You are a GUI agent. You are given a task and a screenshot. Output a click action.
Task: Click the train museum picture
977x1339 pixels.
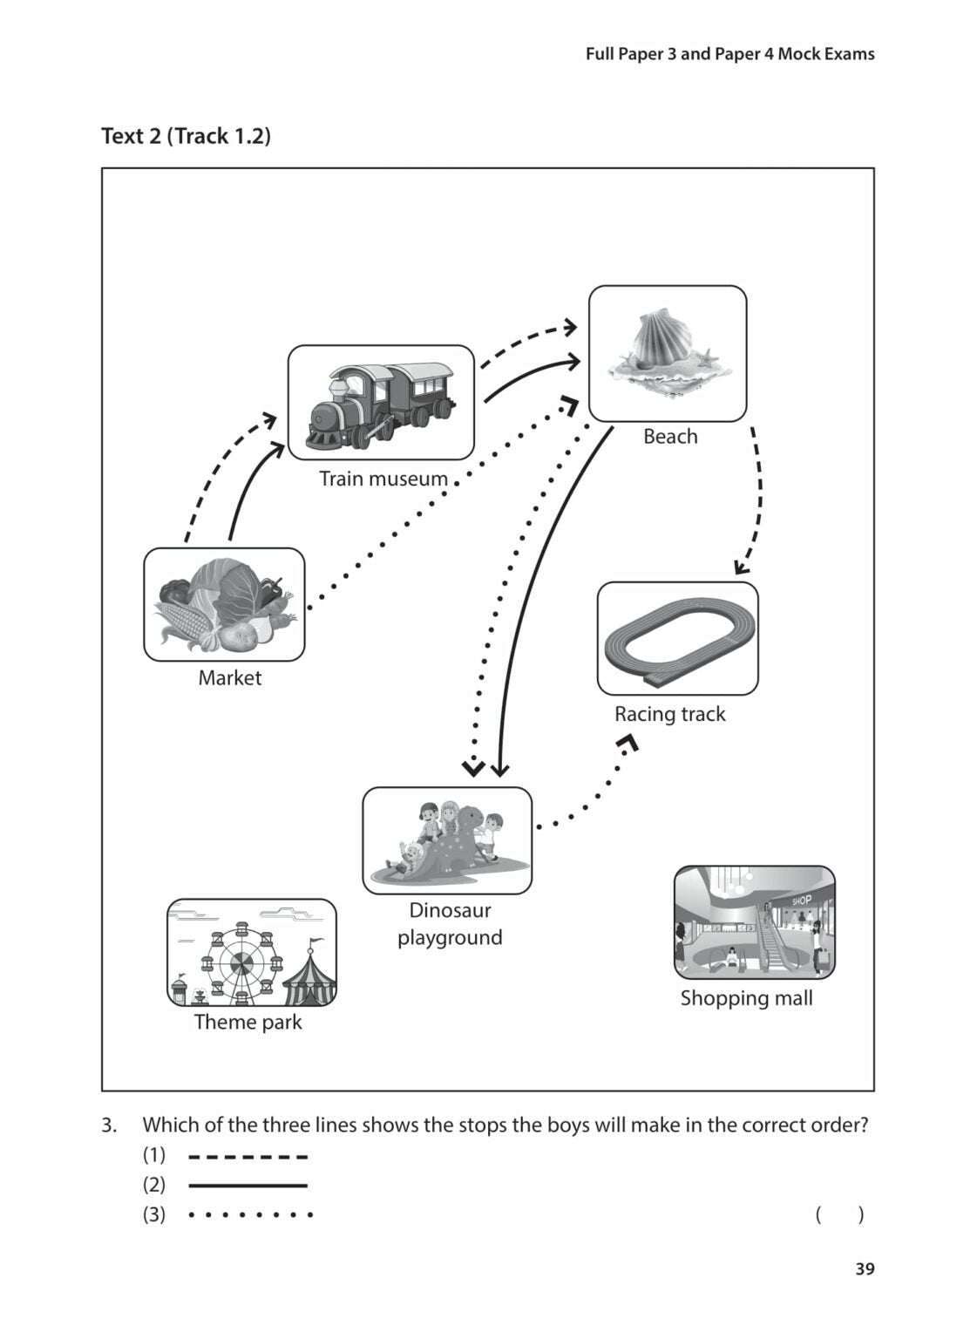pyautogui.click(x=381, y=402)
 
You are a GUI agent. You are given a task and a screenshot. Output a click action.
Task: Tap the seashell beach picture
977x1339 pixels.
pyautogui.click(x=667, y=353)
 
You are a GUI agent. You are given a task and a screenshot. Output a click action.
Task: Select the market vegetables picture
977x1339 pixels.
pyautogui.click(x=224, y=604)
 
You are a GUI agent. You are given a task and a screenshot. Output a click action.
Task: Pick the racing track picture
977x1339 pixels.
pyautogui.click(x=677, y=638)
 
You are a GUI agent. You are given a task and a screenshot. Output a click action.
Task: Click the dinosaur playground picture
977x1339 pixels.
pyautogui.click(x=447, y=840)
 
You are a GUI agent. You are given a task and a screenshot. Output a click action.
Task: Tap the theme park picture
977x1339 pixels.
pyautogui.click(x=251, y=953)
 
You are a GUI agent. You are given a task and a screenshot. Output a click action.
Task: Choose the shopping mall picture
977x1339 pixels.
pyautogui.click(x=754, y=921)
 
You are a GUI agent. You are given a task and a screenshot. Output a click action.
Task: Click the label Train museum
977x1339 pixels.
pyautogui.click(x=383, y=479)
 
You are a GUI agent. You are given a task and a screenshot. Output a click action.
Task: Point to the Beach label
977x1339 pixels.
pyautogui.click(x=670, y=436)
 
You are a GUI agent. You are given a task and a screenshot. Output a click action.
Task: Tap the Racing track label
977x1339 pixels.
pyautogui.click(x=669, y=714)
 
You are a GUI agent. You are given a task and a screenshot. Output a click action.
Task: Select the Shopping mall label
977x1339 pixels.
pyautogui.click(x=746, y=998)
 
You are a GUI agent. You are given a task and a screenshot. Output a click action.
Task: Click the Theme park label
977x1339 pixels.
pyautogui.click(x=248, y=1022)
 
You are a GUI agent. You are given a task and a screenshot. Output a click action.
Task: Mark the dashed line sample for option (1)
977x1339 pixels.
pyautogui.click(x=248, y=1157)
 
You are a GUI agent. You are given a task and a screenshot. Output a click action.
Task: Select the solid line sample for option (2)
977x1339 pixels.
pyautogui.click(x=248, y=1186)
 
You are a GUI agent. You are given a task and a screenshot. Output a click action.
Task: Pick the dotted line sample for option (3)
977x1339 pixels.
pyautogui.click(x=250, y=1214)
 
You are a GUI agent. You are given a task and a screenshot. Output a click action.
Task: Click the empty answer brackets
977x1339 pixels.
pyautogui.click(x=839, y=1214)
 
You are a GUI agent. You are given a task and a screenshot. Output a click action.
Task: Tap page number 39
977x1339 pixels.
pyautogui.click(x=864, y=1269)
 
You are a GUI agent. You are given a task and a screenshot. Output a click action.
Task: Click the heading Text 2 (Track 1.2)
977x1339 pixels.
pyautogui.click(x=186, y=136)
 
